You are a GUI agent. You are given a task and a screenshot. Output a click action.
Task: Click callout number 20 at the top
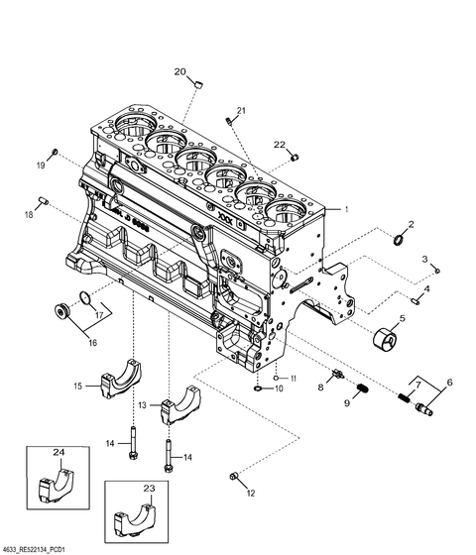point(179,71)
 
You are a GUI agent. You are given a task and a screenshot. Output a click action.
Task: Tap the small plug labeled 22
point(295,157)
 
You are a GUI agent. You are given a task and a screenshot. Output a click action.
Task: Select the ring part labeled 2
point(399,240)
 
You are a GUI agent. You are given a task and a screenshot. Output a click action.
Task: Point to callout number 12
point(251,494)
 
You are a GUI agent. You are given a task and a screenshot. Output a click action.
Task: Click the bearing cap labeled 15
point(121,379)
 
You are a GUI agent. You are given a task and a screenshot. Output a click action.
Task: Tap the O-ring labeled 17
point(84,297)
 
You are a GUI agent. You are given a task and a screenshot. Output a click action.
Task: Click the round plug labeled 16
point(63,312)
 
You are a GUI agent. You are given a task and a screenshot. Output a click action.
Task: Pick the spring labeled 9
point(362,388)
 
